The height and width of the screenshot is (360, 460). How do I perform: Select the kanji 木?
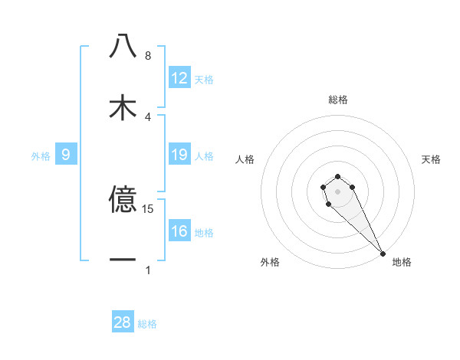coord(123,106)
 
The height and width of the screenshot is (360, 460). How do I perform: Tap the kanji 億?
coord(123,200)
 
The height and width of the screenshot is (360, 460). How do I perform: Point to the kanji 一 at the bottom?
coord(123,260)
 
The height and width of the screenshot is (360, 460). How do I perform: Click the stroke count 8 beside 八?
coord(148,56)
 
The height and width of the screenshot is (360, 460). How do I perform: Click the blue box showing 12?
coord(179,78)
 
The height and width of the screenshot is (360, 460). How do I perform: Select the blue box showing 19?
coord(179,155)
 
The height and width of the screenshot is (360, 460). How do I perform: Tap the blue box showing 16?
coord(179,231)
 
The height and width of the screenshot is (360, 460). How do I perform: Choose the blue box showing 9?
coord(66,155)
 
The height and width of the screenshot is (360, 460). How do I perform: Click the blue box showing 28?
coord(123,322)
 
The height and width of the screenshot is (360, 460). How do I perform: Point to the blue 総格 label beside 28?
coord(147,324)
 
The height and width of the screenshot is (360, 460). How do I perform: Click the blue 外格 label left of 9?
coord(41,156)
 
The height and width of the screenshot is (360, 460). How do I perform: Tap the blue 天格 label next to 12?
coord(204,80)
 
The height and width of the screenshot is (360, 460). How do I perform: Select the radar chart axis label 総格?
coord(338,100)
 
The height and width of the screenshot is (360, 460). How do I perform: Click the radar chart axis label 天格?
coord(431,159)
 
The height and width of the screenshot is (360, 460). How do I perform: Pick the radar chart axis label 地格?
coord(402,262)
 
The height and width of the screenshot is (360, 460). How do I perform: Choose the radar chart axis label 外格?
coord(270,262)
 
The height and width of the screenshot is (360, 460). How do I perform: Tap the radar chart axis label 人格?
coord(245,159)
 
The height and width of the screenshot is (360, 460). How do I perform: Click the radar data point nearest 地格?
coord(383,253)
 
